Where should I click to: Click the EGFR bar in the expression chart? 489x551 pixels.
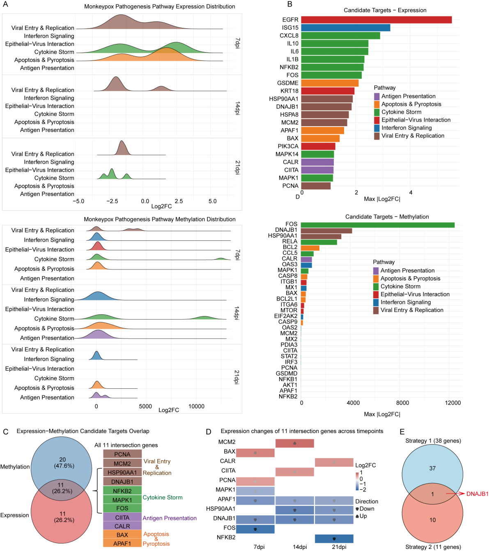pyautogui.click(x=376, y=20)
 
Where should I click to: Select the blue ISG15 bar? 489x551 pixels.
pyautogui.click(x=345, y=28)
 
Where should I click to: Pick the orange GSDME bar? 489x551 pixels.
pyautogui.click(x=330, y=83)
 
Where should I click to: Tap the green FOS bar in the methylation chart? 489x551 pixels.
pyautogui.click(x=378, y=225)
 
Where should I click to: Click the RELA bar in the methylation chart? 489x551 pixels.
pyautogui.click(x=319, y=242)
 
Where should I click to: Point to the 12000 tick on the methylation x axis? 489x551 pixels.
pyautogui.click(x=452, y=403)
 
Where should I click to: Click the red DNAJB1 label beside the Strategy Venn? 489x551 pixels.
pyautogui.click(x=478, y=493)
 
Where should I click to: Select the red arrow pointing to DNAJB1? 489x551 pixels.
pyautogui.click(x=455, y=493)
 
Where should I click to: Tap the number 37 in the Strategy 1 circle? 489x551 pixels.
pyautogui.click(x=432, y=468)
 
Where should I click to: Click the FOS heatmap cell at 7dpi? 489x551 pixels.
pyautogui.click(x=255, y=529)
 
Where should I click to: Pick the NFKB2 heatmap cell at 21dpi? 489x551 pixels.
pyautogui.click(x=334, y=539)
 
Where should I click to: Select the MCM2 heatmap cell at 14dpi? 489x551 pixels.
pyautogui.click(x=295, y=443)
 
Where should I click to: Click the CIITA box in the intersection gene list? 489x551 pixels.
pyautogui.click(x=122, y=517)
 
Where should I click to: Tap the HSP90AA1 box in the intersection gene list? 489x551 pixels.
pyautogui.click(x=122, y=473)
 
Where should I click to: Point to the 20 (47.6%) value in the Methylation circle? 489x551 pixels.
pyautogui.click(x=62, y=463)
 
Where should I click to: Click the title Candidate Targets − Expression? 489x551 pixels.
pyautogui.click(x=385, y=10)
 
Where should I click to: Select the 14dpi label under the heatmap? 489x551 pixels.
pyautogui.click(x=300, y=547)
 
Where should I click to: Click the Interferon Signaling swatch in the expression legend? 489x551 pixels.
pyautogui.click(x=377, y=128)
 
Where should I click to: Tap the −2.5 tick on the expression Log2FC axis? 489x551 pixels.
pyautogui.click(x=112, y=201)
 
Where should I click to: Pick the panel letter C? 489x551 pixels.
pyautogui.click(x=5, y=431)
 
